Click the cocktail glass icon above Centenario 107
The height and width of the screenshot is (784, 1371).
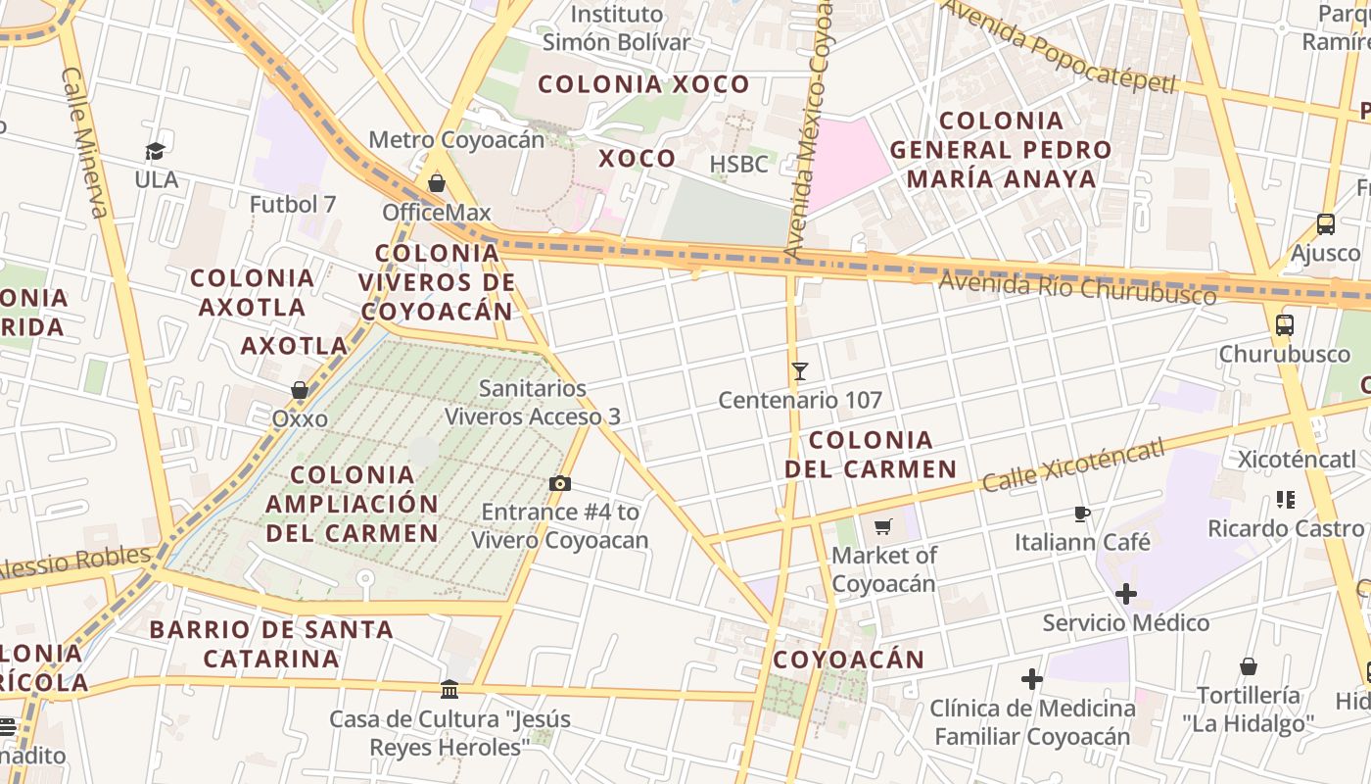click(800, 371)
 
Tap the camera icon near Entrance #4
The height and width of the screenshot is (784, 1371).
click(560, 483)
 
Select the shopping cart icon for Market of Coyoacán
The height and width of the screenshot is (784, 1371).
click(883, 527)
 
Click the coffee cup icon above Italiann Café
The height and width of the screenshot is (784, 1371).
click(1082, 514)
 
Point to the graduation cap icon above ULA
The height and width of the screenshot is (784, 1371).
click(156, 151)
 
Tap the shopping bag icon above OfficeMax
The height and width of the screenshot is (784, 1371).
click(437, 183)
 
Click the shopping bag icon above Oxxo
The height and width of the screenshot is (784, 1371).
click(300, 390)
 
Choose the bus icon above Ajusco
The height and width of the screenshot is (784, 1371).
click(1326, 224)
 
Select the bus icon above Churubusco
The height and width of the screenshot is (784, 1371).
click(1285, 325)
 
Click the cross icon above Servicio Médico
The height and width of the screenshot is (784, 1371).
click(1126, 594)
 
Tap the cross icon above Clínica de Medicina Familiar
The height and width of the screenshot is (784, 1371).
click(1032, 679)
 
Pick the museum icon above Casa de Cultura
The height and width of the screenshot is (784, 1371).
click(449, 690)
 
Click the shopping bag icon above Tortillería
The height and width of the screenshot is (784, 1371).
click(1249, 667)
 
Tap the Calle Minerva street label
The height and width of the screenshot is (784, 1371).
click(86, 143)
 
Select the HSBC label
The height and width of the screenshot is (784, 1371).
click(739, 164)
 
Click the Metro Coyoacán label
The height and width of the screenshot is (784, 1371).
click(456, 140)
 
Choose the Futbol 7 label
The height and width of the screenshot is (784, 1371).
click(293, 205)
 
